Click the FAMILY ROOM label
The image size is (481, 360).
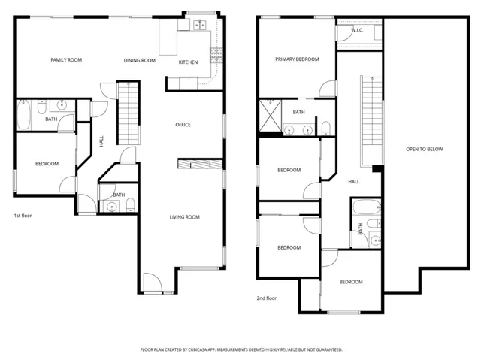[x=66, y=59]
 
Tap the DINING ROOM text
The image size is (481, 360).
[x=140, y=59]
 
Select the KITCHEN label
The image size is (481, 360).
[x=188, y=62]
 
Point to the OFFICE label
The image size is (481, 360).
[x=183, y=125]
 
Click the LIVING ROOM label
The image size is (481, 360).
[x=183, y=217]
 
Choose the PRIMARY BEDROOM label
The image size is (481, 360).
[x=297, y=59]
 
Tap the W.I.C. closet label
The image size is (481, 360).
[x=358, y=31]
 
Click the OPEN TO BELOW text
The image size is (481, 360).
[x=425, y=149]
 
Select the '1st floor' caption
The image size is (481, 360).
[x=23, y=215]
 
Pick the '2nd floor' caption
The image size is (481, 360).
[x=266, y=298]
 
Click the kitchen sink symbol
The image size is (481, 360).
[x=199, y=26]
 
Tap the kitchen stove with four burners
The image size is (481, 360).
[x=216, y=54]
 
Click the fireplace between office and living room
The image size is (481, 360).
[x=200, y=164]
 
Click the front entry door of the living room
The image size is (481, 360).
[x=153, y=283]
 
